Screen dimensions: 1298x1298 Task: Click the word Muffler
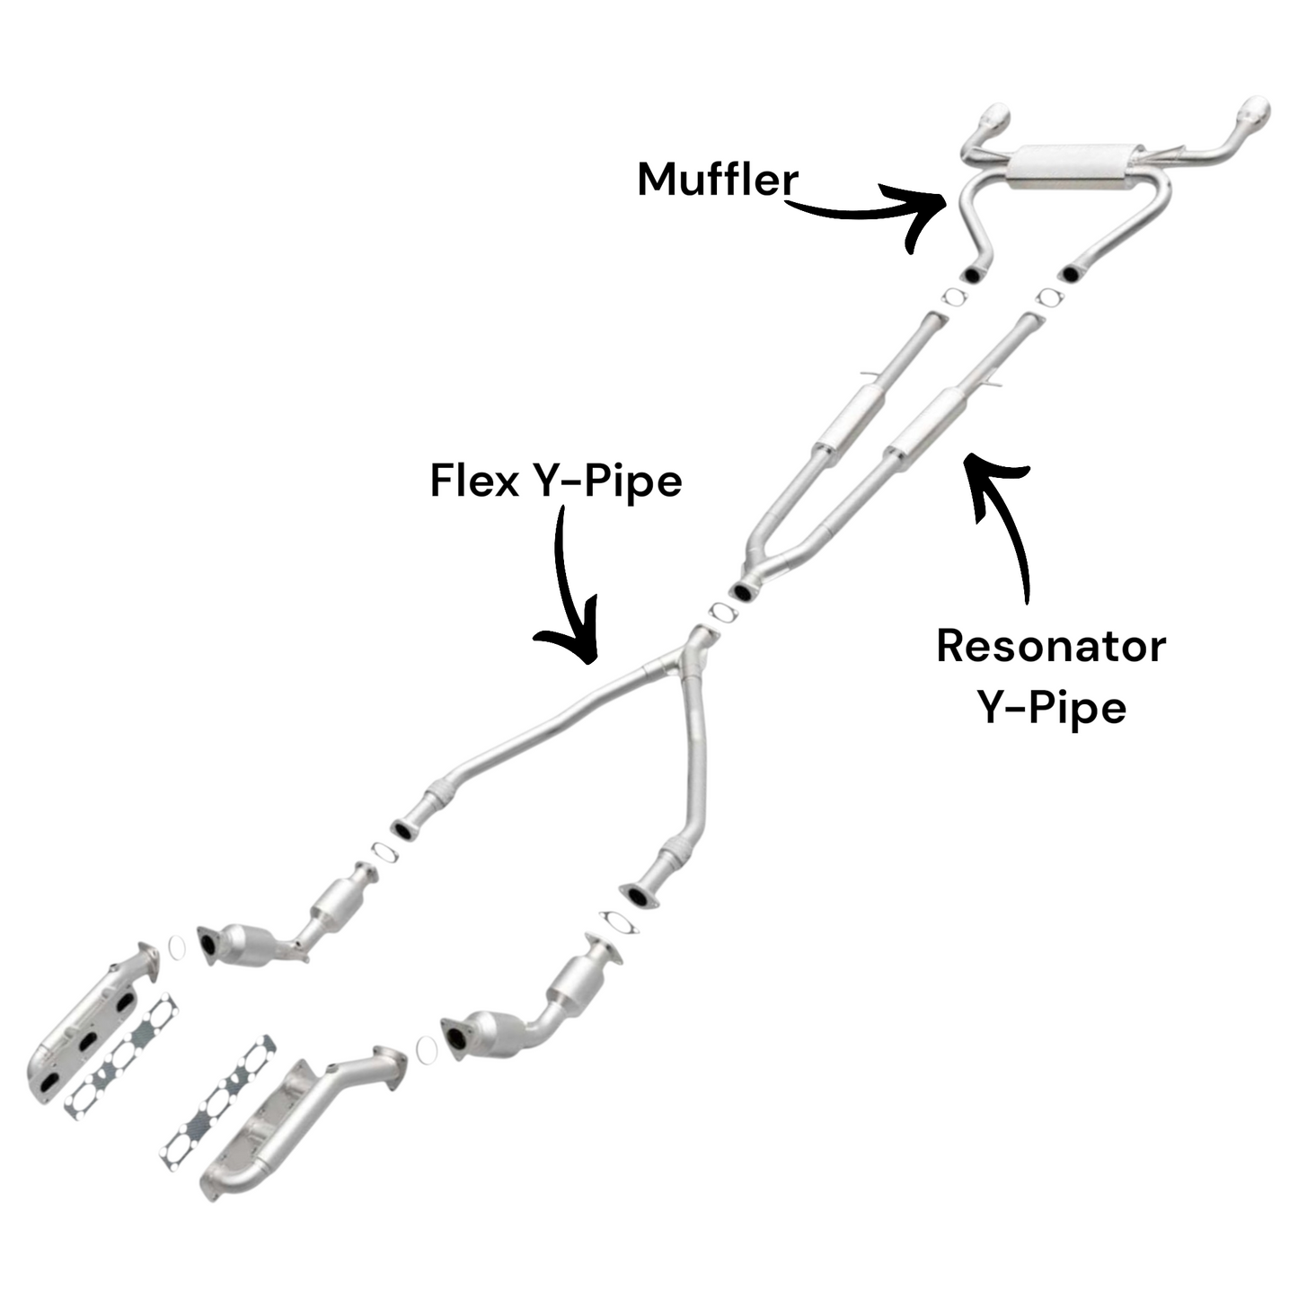point(717,180)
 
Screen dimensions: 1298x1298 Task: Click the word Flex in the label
point(474,481)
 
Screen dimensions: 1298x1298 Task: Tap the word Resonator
point(1050,646)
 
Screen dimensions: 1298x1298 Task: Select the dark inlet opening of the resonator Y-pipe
point(744,591)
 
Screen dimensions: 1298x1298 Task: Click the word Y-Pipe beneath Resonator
point(1050,708)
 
